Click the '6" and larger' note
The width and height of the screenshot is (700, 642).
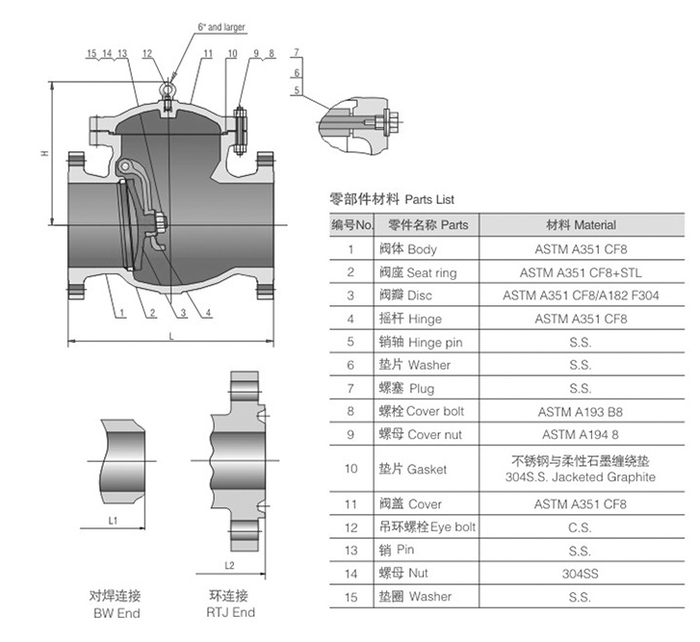tap(221, 27)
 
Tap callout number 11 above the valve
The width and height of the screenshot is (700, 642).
tap(208, 54)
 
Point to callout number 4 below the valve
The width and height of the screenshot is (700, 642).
tap(208, 313)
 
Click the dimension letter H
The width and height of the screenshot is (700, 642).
tap(44, 153)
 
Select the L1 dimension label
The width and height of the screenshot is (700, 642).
tap(113, 520)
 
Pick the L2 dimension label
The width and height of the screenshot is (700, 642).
tap(229, 566)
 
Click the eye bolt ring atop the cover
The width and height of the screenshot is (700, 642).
tap(167, 89)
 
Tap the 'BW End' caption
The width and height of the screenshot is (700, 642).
tap(117, 613)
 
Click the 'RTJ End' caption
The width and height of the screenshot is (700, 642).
tap(230, 612)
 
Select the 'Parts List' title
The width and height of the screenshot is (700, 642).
tap(429, 199)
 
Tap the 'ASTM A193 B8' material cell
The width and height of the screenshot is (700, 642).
tap(580, 412)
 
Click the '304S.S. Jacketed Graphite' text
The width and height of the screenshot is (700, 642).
tap(581, 476)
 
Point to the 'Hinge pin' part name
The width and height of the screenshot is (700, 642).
tap(435, 343)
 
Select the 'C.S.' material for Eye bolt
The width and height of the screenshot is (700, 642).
tap(580, 527)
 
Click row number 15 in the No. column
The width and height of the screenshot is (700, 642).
tap(350, 597)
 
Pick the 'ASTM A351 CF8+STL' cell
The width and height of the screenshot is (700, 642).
tap(581, 272)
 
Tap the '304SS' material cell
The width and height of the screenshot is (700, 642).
tap(580, 574)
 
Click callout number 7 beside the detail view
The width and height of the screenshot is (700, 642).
tap(297, 52)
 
